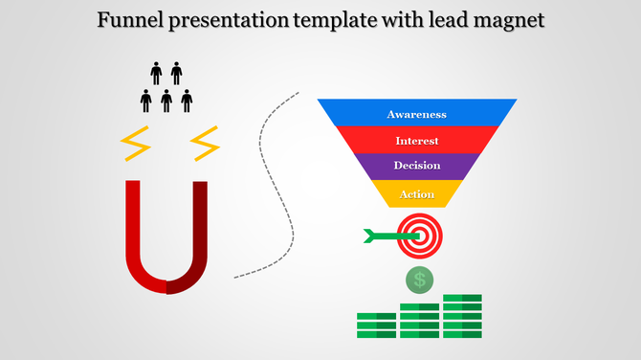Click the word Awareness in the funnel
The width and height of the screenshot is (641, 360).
[x=416, y=115]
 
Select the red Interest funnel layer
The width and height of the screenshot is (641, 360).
[x=416, y=141]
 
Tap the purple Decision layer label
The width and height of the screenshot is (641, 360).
[x=416, y=166]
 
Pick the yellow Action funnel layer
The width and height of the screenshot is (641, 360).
[x=416, y=194]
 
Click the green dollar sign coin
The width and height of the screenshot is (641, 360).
[x=419, y=280]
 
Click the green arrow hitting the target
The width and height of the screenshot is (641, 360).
[x=381, y=236]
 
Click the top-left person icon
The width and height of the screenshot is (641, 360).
[x=156, y=73]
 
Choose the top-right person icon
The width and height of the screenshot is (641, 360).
[x=177, y=73]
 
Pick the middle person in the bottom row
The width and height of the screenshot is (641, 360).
[x=166, y=100]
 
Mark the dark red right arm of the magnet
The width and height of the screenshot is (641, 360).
[x=199, y=230]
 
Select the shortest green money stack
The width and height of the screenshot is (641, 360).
[x=376, y=325]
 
